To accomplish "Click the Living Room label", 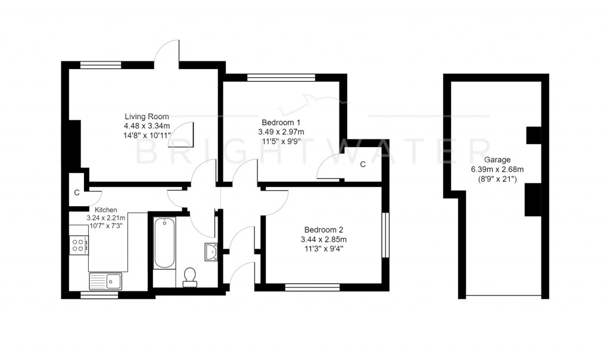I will [x=147, y=116].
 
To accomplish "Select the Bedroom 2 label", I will [x=323, y=229].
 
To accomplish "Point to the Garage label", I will [x=496, y=160].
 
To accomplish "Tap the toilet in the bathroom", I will [x=190, y=276].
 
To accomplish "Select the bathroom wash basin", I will [x=211, y=252].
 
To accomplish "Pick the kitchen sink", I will [x=105, y=280].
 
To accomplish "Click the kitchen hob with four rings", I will [x=79, y=245].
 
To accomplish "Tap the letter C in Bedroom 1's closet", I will [x=362, y=165].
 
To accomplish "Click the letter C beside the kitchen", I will [x=77, y=193].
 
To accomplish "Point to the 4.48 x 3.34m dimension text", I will [x=147, y=126].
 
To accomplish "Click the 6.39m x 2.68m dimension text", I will [x=496, y=169].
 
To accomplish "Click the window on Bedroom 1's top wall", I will [x=281, y=77].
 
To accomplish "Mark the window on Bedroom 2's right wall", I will [x=385, y=235].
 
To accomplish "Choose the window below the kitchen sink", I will [x=99, y=294].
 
